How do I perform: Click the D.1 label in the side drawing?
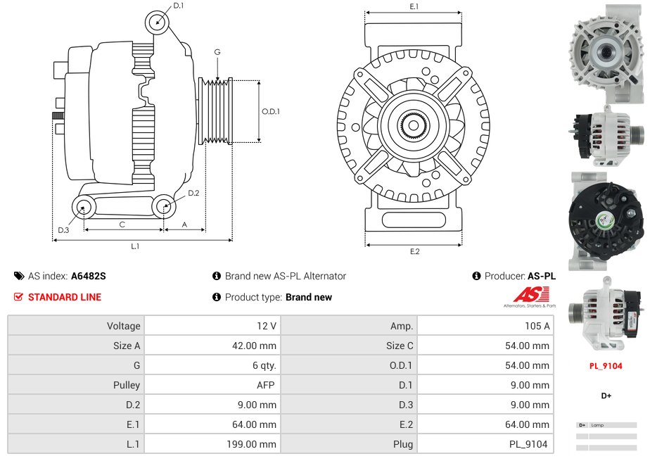178,6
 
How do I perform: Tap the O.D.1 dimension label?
271,111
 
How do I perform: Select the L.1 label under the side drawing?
134,246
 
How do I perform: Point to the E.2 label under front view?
414,252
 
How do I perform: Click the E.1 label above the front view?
414,6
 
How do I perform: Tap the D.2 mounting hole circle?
164,206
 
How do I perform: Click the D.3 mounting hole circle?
84,207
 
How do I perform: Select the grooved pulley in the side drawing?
217,111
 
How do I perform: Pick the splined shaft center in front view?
413,126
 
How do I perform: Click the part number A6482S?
88,277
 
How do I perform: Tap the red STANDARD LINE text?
65,298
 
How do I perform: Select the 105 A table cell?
485,326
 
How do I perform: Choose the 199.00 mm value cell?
212,444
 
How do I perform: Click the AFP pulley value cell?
212,385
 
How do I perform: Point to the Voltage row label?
76,326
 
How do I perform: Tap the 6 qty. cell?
212,365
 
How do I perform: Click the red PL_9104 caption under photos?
605,366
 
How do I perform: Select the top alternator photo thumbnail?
606,51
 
